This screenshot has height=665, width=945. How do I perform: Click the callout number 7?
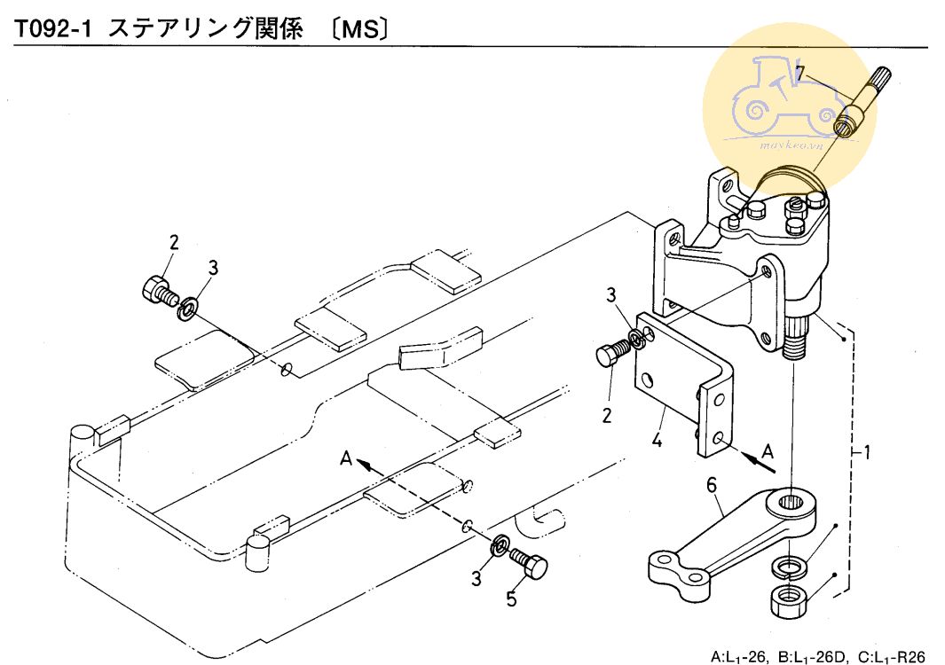799,73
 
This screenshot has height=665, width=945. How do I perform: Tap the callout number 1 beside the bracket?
867,453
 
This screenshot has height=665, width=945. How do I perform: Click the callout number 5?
511,598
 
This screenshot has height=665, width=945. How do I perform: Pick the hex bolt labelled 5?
530,563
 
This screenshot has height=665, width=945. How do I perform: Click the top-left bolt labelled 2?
156,290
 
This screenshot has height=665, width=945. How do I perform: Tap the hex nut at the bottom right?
787,599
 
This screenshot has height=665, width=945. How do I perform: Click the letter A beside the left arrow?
348,458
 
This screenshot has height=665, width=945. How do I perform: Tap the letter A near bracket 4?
768,450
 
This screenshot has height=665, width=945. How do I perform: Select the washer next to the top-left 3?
187,309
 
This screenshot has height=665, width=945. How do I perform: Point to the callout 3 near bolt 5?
476,578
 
